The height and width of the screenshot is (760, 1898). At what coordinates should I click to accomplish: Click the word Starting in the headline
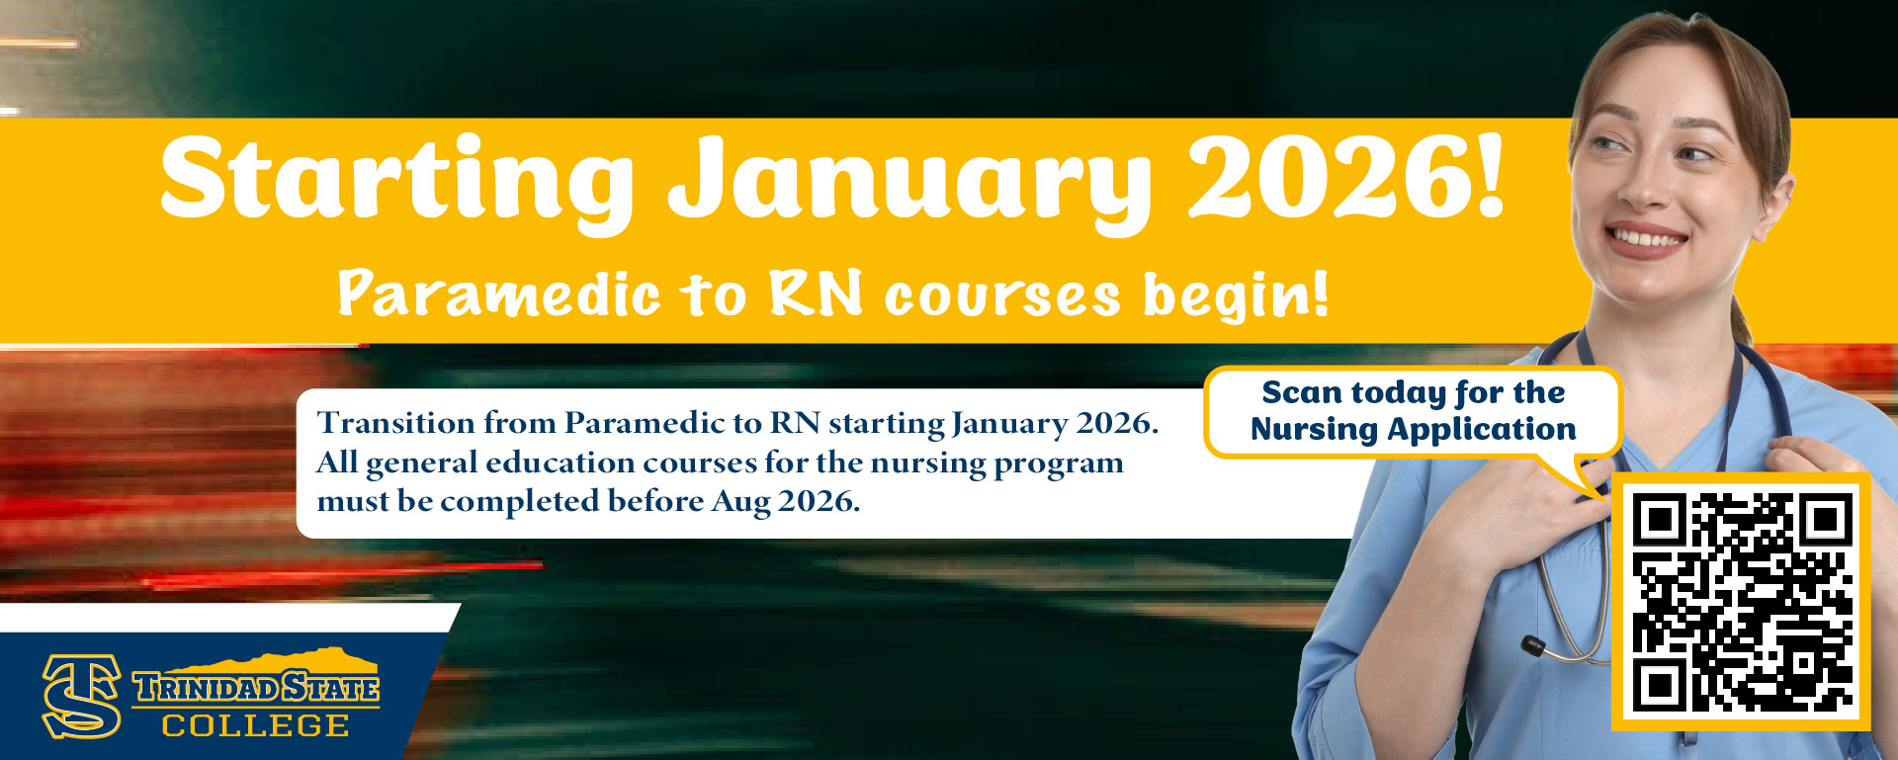tap(397, 180)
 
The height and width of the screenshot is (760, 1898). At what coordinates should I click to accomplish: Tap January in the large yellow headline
tap(909, 183)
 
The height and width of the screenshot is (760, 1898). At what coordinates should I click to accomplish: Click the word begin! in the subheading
tap(1236, 296)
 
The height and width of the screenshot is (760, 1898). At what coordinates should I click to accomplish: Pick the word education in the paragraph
tap(561, 463)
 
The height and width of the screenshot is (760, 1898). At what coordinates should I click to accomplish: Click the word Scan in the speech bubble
tap(1302, 392)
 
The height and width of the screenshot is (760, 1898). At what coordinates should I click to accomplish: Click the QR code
tap(1741, 602)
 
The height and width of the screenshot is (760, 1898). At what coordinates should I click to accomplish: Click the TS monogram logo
tap(81, 696)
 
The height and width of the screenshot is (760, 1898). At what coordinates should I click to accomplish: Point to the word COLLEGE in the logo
tap(255, 725)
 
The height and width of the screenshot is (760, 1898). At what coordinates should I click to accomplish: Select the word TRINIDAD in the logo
tap(206, 687)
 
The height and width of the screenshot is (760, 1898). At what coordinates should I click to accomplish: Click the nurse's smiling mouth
tap(1645, 240)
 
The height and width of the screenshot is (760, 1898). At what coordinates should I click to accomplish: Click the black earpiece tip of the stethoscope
tap(1533, 647)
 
